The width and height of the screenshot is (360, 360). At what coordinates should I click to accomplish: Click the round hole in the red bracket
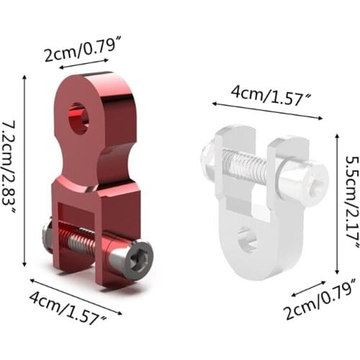coord(78,118)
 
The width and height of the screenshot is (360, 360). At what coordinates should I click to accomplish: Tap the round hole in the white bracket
coord(247,239)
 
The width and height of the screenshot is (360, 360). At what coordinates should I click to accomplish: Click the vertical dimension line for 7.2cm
coord(27,169)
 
